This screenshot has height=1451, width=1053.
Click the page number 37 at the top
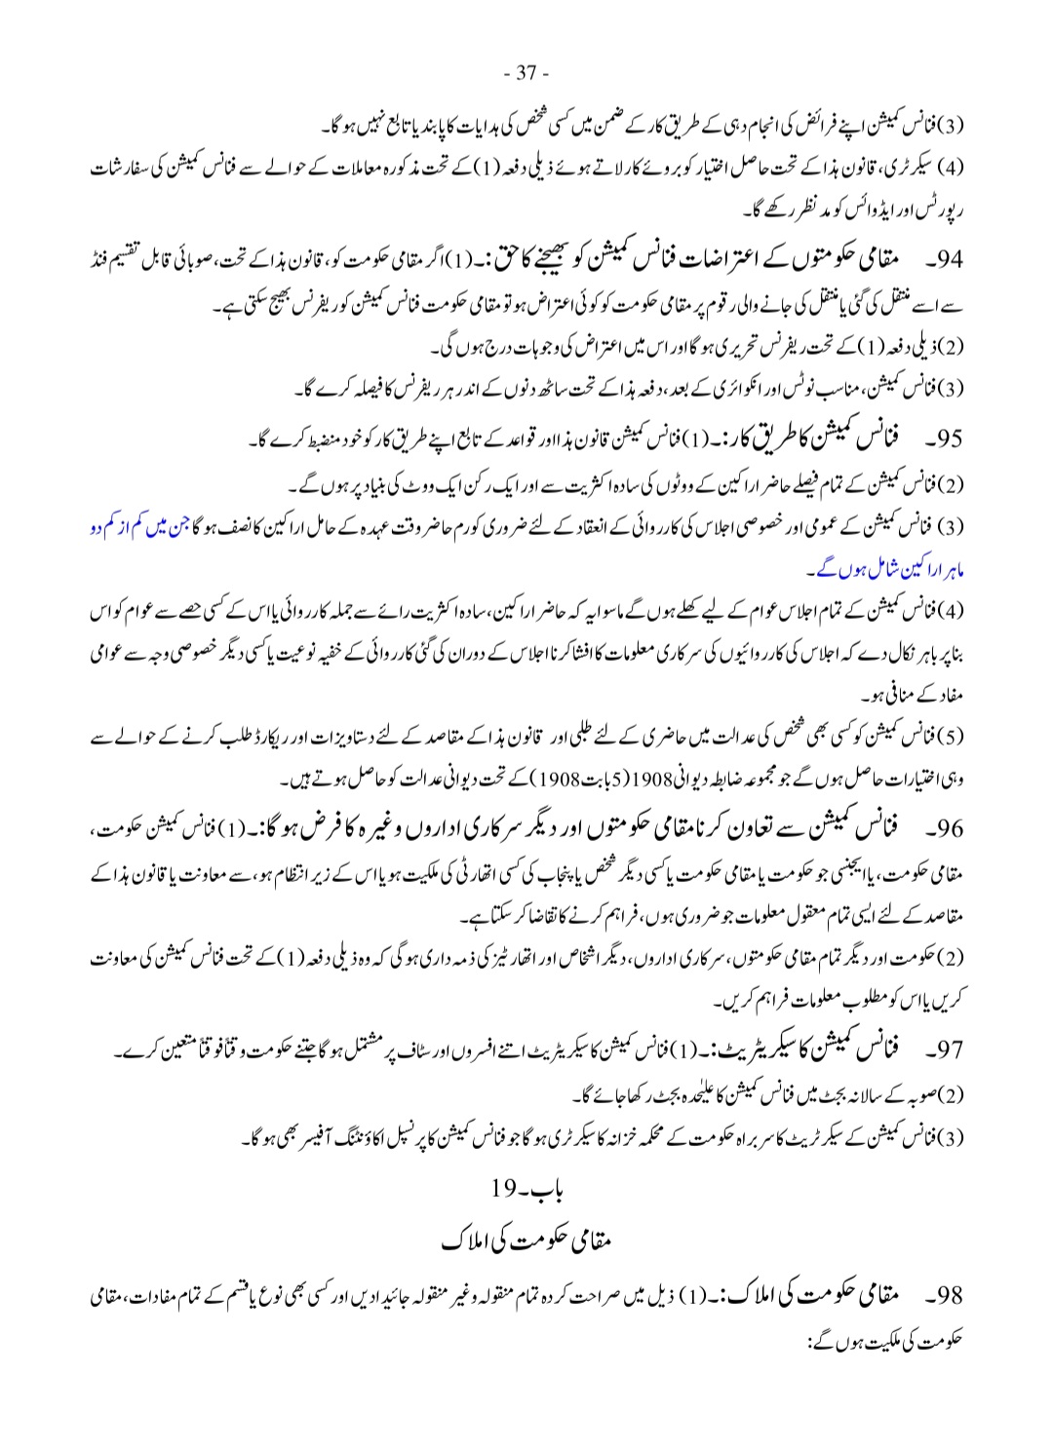pyautogui.click(x=526, y=73)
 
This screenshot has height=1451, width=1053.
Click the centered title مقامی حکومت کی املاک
pyautogui.click(x=526, y=1241)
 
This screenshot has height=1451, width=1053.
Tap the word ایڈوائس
pyautogui.click(x=858, y=209)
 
